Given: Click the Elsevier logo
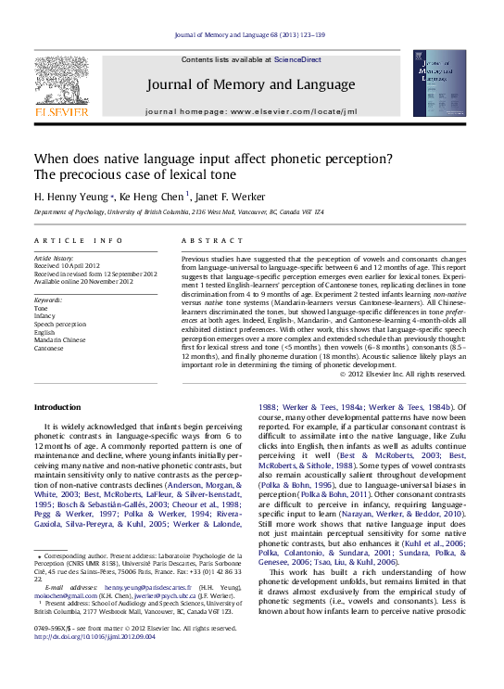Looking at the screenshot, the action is (x=61, y=90).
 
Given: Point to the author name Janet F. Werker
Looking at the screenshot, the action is (x=231, y=197).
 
